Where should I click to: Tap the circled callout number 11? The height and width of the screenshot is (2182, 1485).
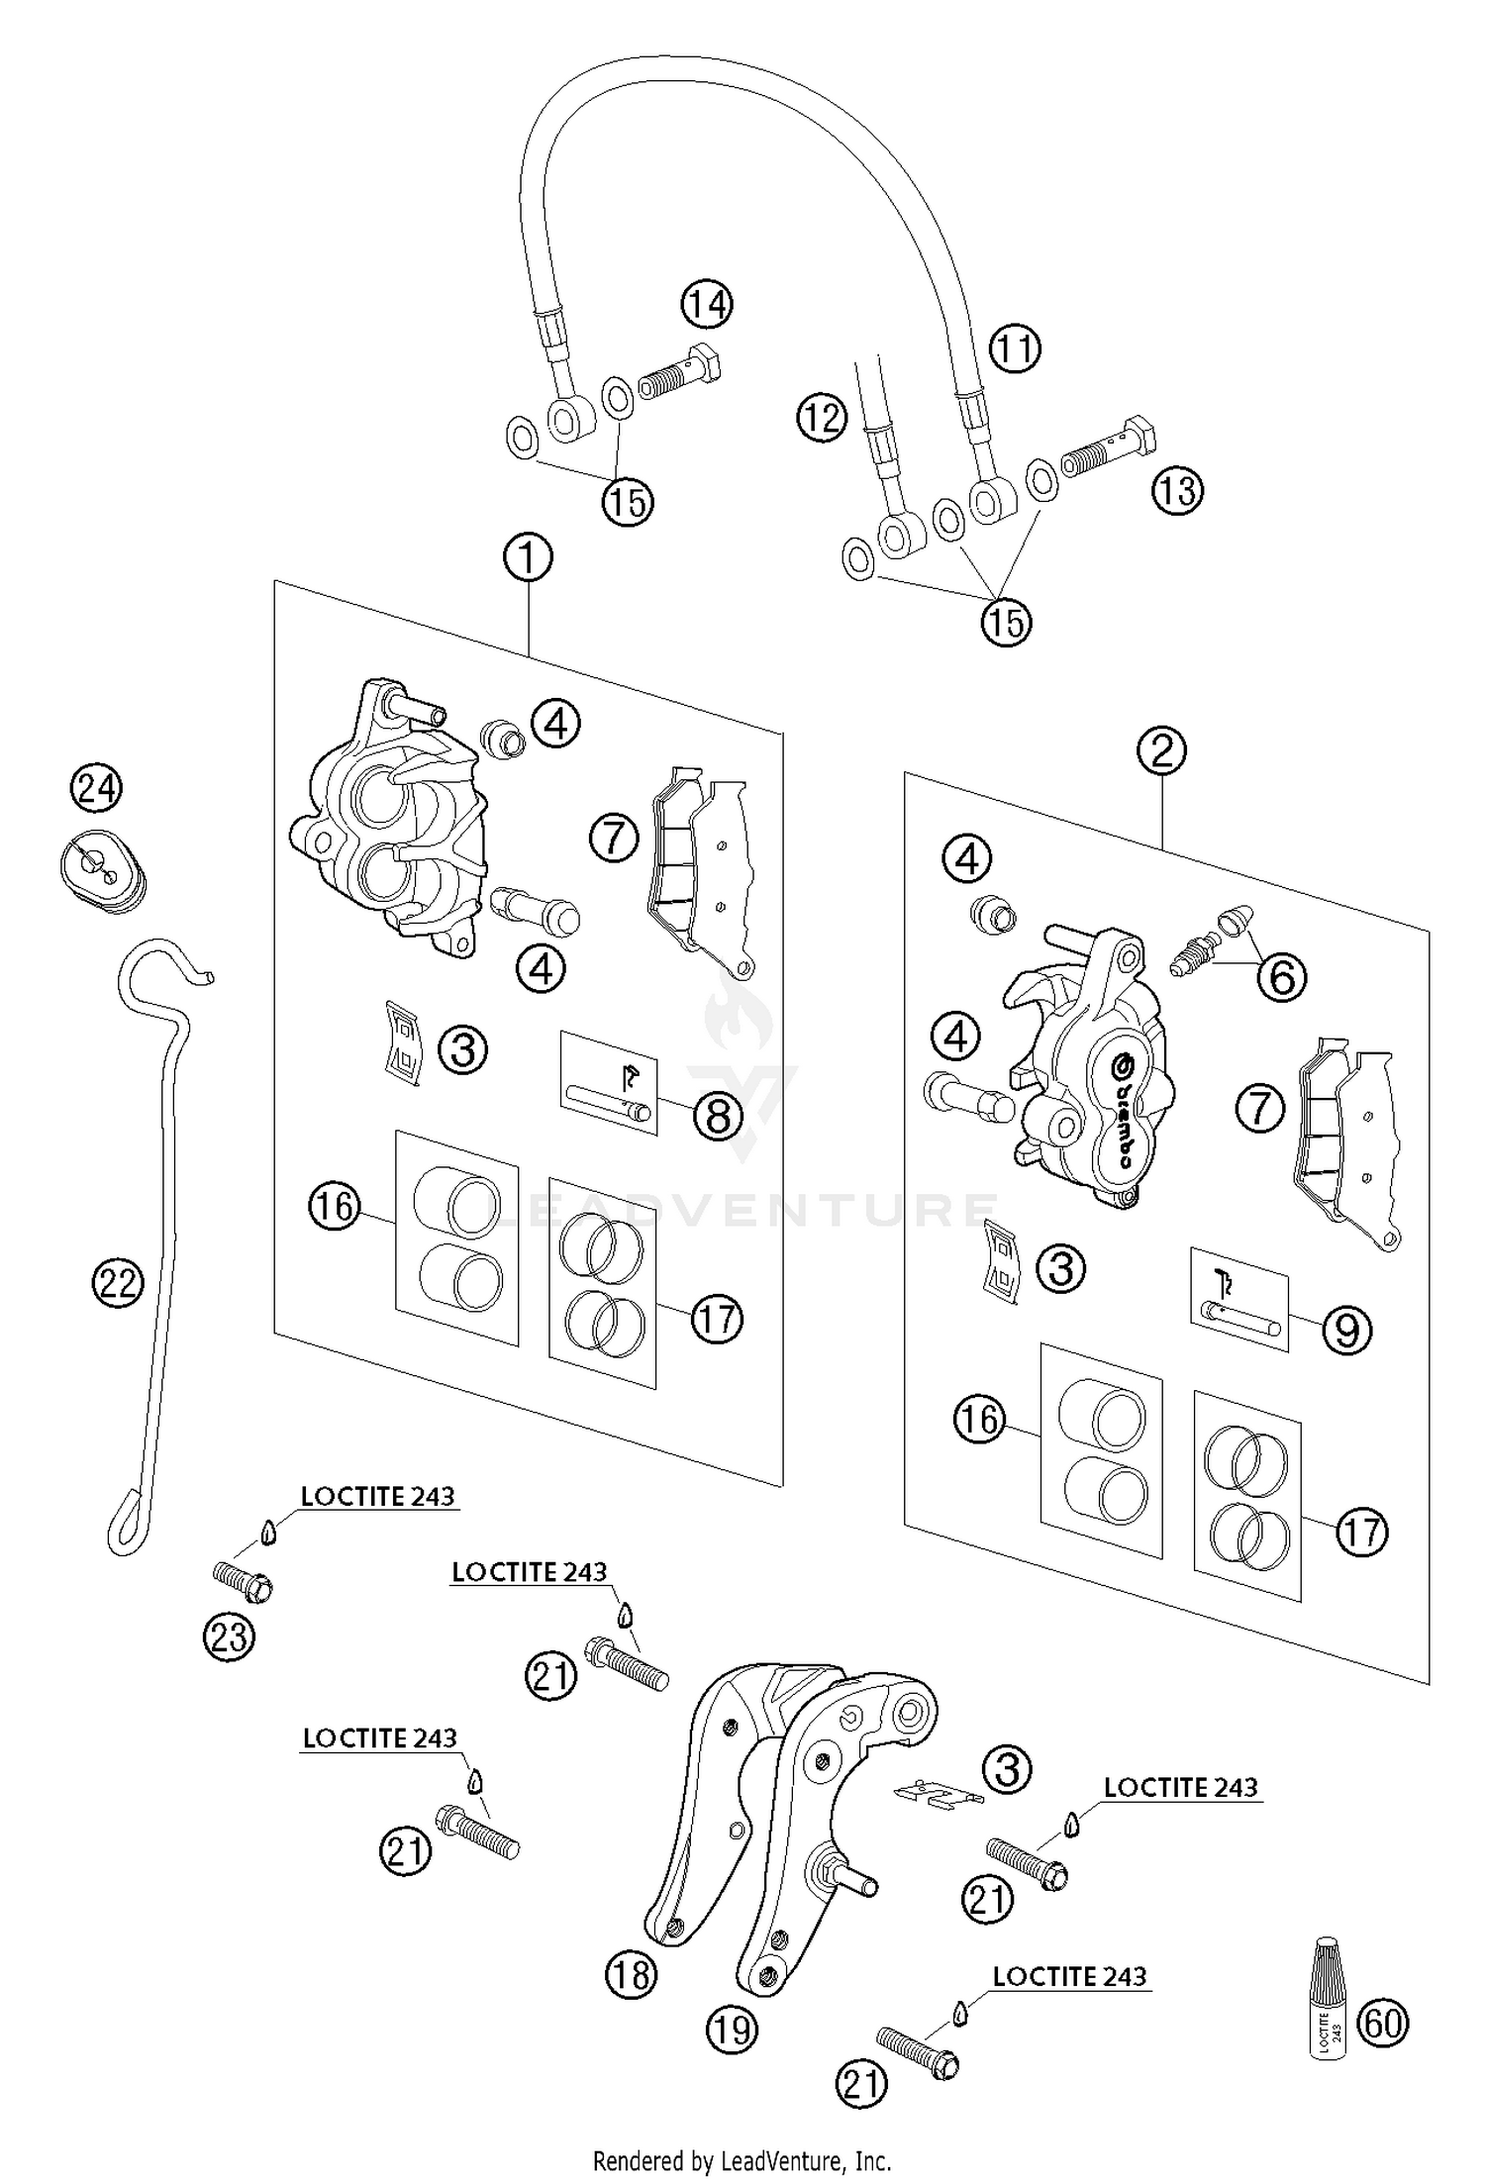tap(1015, 348)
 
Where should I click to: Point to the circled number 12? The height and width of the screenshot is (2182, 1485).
tap(822, 419)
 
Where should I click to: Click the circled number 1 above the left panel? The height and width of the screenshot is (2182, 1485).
tap(528, 558)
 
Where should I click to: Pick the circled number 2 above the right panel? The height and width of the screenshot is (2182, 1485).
tap(1161, 750)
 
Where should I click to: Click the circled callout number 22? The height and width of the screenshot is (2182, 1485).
tap(118, 1284)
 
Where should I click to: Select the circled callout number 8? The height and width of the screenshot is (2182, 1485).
tap(718, 1117)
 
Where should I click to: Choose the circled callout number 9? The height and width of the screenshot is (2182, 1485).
tap(1347, 1330)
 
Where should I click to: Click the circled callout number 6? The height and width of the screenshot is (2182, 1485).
tap(1282, 977)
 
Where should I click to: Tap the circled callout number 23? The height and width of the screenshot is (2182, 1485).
tap(229, 1636)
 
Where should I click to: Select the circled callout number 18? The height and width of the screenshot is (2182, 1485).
tap(632, 1975)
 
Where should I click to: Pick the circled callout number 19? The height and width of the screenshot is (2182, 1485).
tap(732, 2030)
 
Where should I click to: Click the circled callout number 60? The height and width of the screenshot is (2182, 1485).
tap(1383, 2023)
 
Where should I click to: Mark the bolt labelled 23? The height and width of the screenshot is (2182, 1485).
tap(244, 1582)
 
